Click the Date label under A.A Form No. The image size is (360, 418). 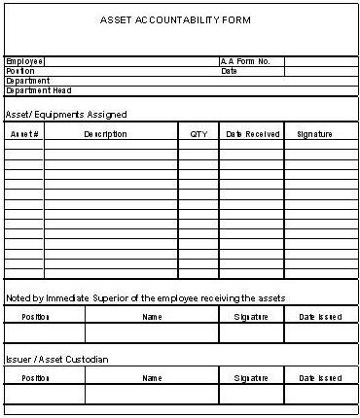[x=229, y=71]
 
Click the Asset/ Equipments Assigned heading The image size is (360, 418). [x=66, y=115]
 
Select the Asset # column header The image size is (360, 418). [x=24, y=134]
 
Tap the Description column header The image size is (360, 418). [x=105, y=134]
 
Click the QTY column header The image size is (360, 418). [x=198, y=134]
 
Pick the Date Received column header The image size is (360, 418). [x=252, y=134]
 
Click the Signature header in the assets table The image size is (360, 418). [x=314, y=134]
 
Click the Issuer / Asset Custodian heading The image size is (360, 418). [x=56, y=360]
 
